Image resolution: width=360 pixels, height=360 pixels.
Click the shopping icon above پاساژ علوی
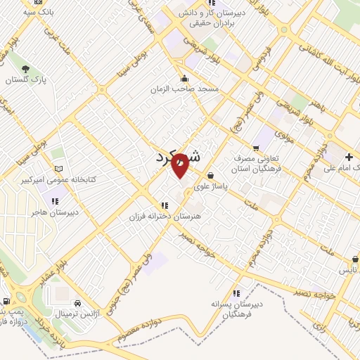[210, 176]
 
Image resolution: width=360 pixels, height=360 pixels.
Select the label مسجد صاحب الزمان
[184, 90]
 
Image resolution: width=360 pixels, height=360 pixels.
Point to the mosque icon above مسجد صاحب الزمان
[184, 77]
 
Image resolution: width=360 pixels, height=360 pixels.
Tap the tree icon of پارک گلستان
[26, 68]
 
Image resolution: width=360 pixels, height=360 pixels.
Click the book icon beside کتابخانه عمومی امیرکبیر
[59, 168]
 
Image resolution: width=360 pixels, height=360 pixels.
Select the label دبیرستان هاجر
[58, 211]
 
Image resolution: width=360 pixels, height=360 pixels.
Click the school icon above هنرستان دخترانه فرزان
[164, 205]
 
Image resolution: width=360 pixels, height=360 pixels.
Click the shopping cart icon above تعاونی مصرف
[255, 148]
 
